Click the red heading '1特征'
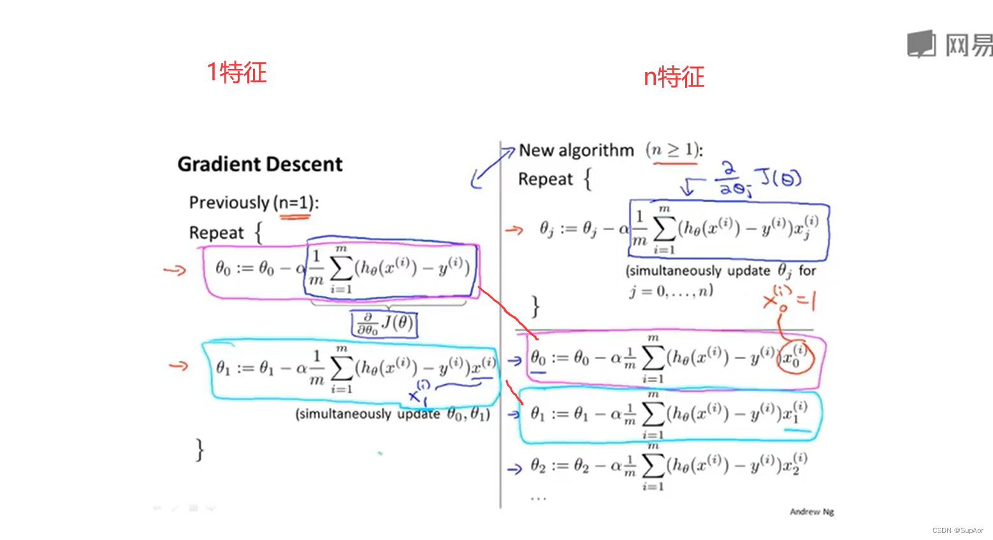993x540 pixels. pyautogui.click(x=236, y=73)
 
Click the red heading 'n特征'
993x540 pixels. pyautogui.click(x=674, y=77)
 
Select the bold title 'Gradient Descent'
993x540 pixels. pyautogui.click(x=260, y=164)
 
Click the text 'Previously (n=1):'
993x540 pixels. pyautogui.click(x=254, y=203)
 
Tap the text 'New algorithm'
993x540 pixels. pyautogui.click(x=576, y=150)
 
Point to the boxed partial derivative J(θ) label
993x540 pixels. pyautogui.click(x=384, y=323)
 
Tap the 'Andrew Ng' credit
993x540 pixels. pyautogui.click(x=811, y=511)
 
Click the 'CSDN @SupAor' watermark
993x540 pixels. pyautogui.click(x=957, y=530)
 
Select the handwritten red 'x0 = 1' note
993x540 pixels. pyautogui.click(x=789, y=298)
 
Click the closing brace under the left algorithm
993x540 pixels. pyautogui.click(x=200, y=449)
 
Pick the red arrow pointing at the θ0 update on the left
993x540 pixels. pyautogui.click(x=175, y=270)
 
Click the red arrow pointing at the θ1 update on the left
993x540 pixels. pyautogui.click(x=178, y=366)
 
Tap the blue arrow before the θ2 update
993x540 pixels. pyautogui.click(x=514, y=469)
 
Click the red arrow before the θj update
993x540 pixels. pyautogui.click(x=514, y=230)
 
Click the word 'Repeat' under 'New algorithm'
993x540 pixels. pyautogui.click(x=545, y=180)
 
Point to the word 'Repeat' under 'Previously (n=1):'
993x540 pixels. pyautogui.click(x=216, y=233)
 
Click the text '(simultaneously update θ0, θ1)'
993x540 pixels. pyautogui.click(x=393, y=414)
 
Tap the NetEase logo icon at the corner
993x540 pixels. pyautogui.click(x=922, y=44)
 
